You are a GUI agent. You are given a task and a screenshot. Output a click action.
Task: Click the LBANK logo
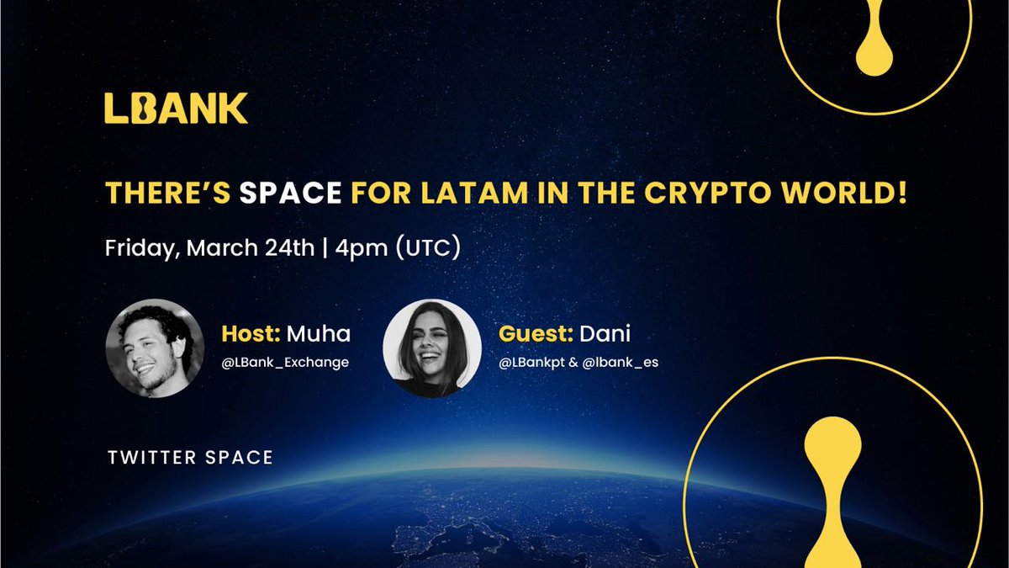point(176,109)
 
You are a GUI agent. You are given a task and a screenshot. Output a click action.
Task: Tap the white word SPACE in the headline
point(290,194)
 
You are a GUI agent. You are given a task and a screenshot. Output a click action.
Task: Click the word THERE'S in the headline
point(168,194)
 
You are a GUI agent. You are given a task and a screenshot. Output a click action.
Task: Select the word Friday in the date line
point(140,250)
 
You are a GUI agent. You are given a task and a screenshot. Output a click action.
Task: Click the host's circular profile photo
point(155,346)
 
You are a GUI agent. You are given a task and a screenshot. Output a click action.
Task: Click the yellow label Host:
point(251,334)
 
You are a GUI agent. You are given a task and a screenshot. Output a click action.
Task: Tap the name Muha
point(318,334)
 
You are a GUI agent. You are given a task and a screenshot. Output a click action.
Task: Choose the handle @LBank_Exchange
point(285,364)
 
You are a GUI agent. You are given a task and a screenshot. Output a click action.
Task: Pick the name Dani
point(605,334)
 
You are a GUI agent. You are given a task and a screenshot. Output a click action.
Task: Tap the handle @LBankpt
point(531,364)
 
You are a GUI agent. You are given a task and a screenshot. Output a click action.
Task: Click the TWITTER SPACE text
point(190,458)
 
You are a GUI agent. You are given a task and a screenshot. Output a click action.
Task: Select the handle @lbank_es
point(622,364)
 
